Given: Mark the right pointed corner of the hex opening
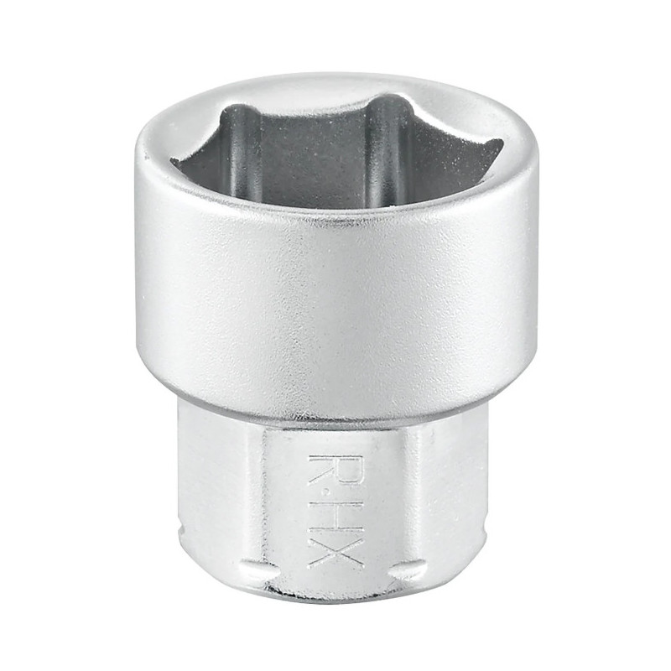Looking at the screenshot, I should click(501, 144).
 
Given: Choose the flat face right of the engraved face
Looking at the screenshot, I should click(449, 495).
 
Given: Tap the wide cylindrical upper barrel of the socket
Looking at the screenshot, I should click(335, 302).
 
